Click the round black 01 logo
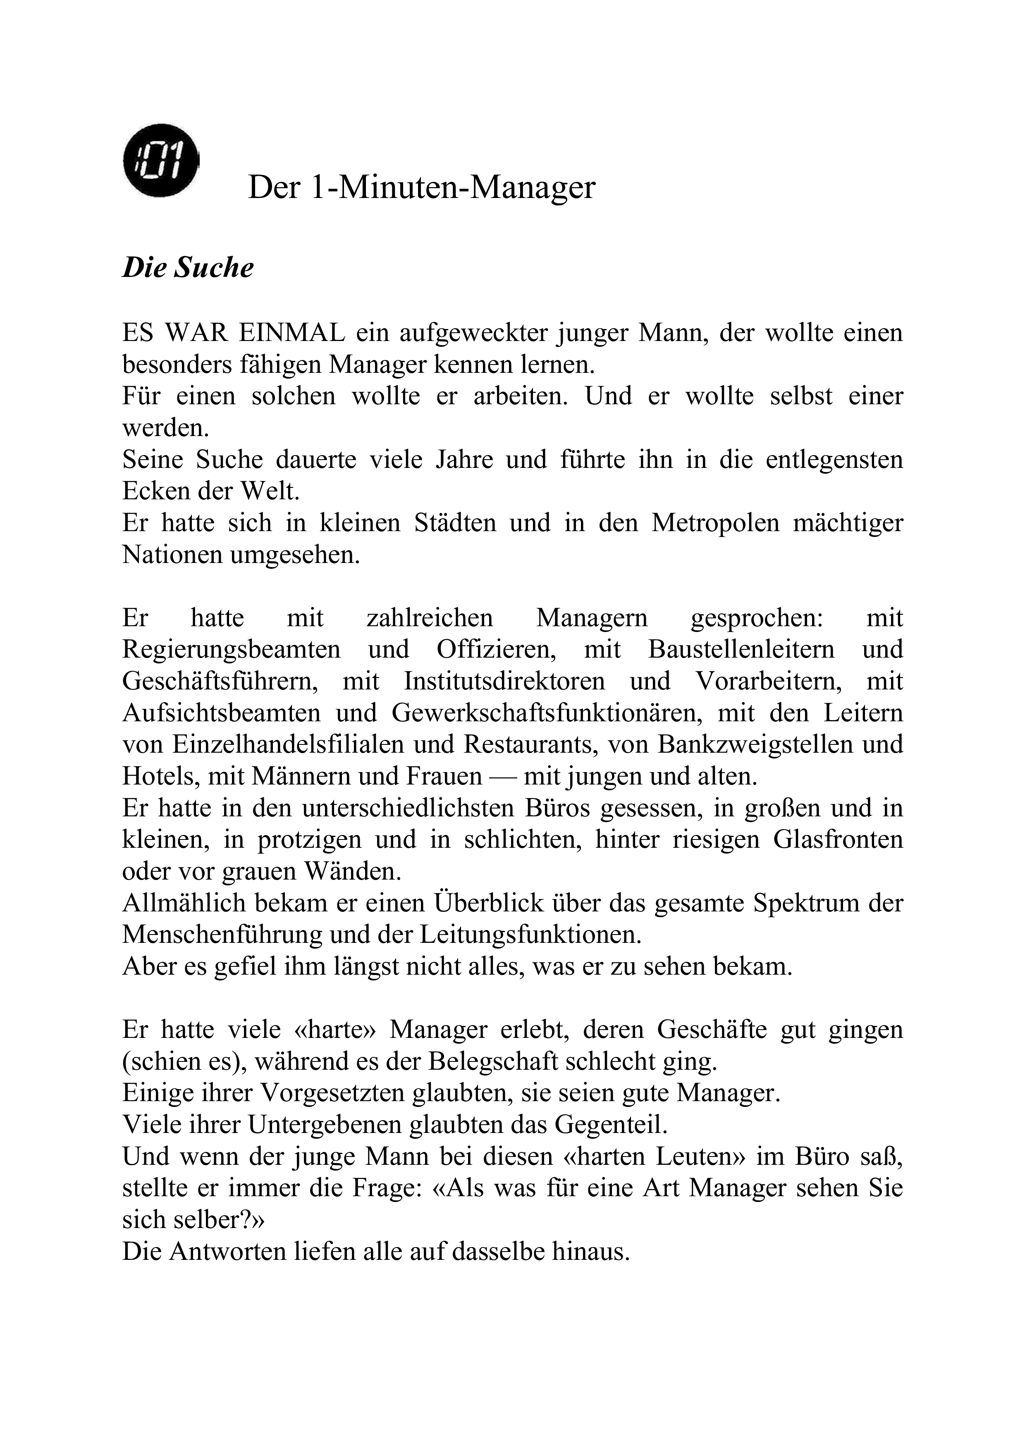pyautogui.click(x=161, y=160)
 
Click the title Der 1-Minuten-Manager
pyautogui.click(x=421, y=188)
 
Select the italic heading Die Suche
pyautogui.click(x=188, y=268)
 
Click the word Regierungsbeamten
pyautogui.click(x=231, y=650)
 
